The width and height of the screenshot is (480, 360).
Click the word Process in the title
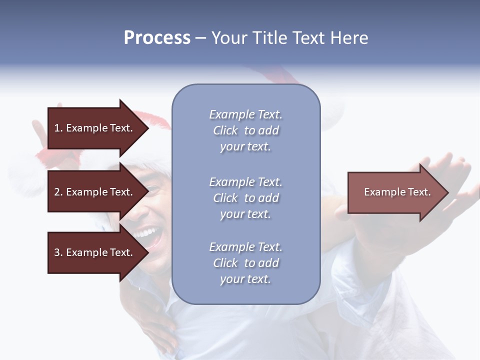pos(157,38)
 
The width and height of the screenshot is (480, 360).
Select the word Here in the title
pos(348,38)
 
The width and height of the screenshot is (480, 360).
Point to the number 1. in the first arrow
pos(58,128)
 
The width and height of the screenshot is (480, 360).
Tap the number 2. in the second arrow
pos(58,192)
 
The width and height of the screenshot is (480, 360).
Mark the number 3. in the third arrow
pos(58,252)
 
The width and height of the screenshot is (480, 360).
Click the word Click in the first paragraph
pos(225,130)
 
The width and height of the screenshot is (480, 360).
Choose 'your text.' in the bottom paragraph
pos(245,279)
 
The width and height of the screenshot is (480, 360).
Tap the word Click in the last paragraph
pos(225,263)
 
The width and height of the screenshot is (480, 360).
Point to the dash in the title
pos(200,38)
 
